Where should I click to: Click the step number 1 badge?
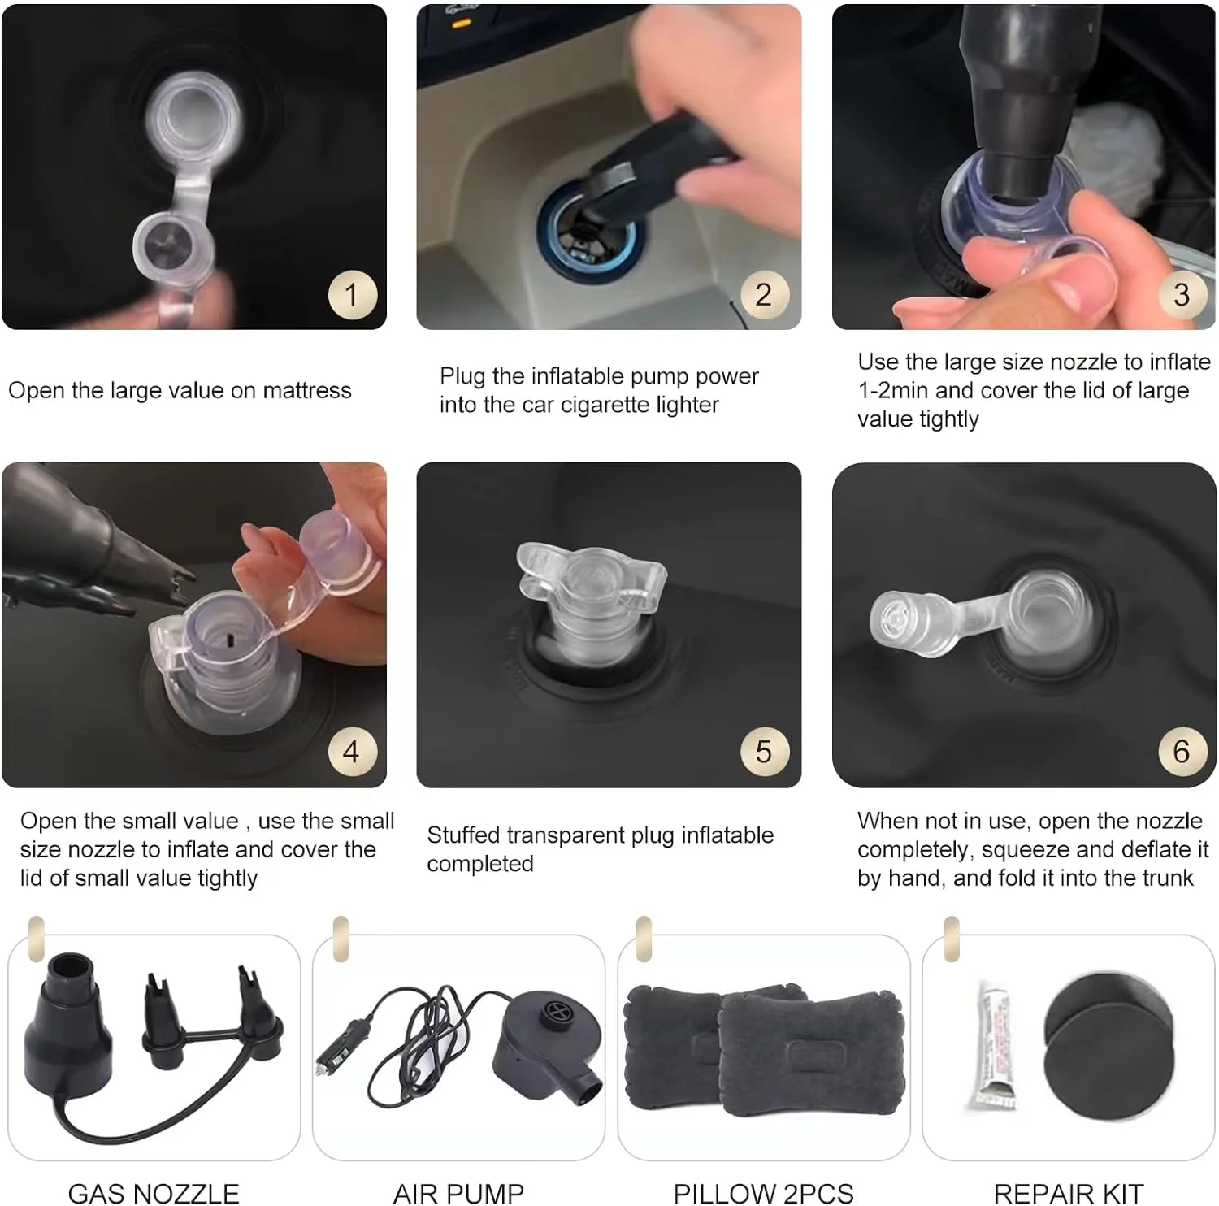352,294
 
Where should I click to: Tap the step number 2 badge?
764,294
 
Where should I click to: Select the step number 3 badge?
1182,294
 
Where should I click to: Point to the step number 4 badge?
352,752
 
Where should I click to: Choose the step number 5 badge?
764,752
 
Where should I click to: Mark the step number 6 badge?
1182,752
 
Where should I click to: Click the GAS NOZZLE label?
154,1193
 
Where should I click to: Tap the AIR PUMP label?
458,1193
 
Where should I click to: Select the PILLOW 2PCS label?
763,1193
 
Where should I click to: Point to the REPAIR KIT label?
1069,1193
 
